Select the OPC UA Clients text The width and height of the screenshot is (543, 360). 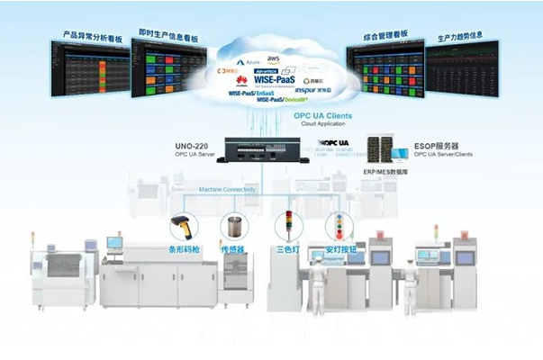pyautogui.click(x=322, y=116)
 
